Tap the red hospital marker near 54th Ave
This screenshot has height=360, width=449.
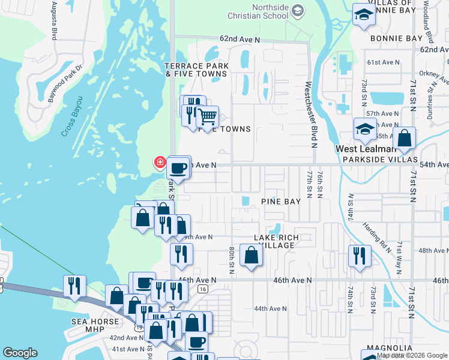pyautogui.click(x=160, y=162)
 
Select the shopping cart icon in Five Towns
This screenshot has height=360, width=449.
pyautogui.click(x=208, y=116)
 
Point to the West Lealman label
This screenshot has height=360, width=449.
pyautogui.click(x=366, y=149)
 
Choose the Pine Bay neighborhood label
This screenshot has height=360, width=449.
pyautogui.click(x=280, y=202)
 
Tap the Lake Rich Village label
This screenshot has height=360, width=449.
pyautogui.click(x=276, y=241)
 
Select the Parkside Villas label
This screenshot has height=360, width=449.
pyautogui.click(x=379, y=160)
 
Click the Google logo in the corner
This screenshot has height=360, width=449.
pyautogui.click(x=20, y=353)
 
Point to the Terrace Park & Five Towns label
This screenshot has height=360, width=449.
pyautogui.click(x=196, y=69)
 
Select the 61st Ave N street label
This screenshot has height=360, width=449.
pyautogui.click(x=382, y=62)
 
